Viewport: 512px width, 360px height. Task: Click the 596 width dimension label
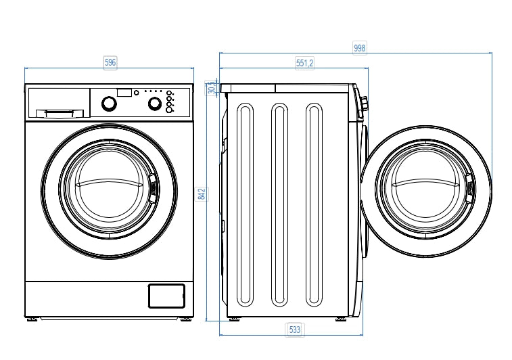coord(110,62)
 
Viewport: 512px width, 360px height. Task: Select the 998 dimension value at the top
coord(360,47)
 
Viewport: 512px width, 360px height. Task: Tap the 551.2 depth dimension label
coord(304,63)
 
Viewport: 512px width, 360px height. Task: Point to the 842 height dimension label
coord(201,194)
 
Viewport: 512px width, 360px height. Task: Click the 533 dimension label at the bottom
coord(295,330)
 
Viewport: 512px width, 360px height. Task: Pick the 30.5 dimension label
coord(212,88)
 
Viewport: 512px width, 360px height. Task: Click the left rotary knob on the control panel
coord(108,104)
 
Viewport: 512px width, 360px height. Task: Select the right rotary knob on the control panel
coord(155,104)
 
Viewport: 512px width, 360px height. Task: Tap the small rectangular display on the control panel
coord(124,92)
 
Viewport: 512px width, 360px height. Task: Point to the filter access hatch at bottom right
coord(166,296)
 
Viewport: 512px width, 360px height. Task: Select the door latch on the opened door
coord(468,189)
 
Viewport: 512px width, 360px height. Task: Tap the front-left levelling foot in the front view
coord(32,319)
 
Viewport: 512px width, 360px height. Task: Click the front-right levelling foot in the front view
coord(185,319)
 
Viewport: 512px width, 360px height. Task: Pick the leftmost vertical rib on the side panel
coord(244,204)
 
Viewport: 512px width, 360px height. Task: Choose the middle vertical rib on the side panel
coord(279,204)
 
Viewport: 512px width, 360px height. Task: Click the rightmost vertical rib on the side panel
coord(313,204)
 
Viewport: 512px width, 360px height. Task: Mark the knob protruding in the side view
coord(365,104)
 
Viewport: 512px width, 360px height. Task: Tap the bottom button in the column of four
coord(169,110)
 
